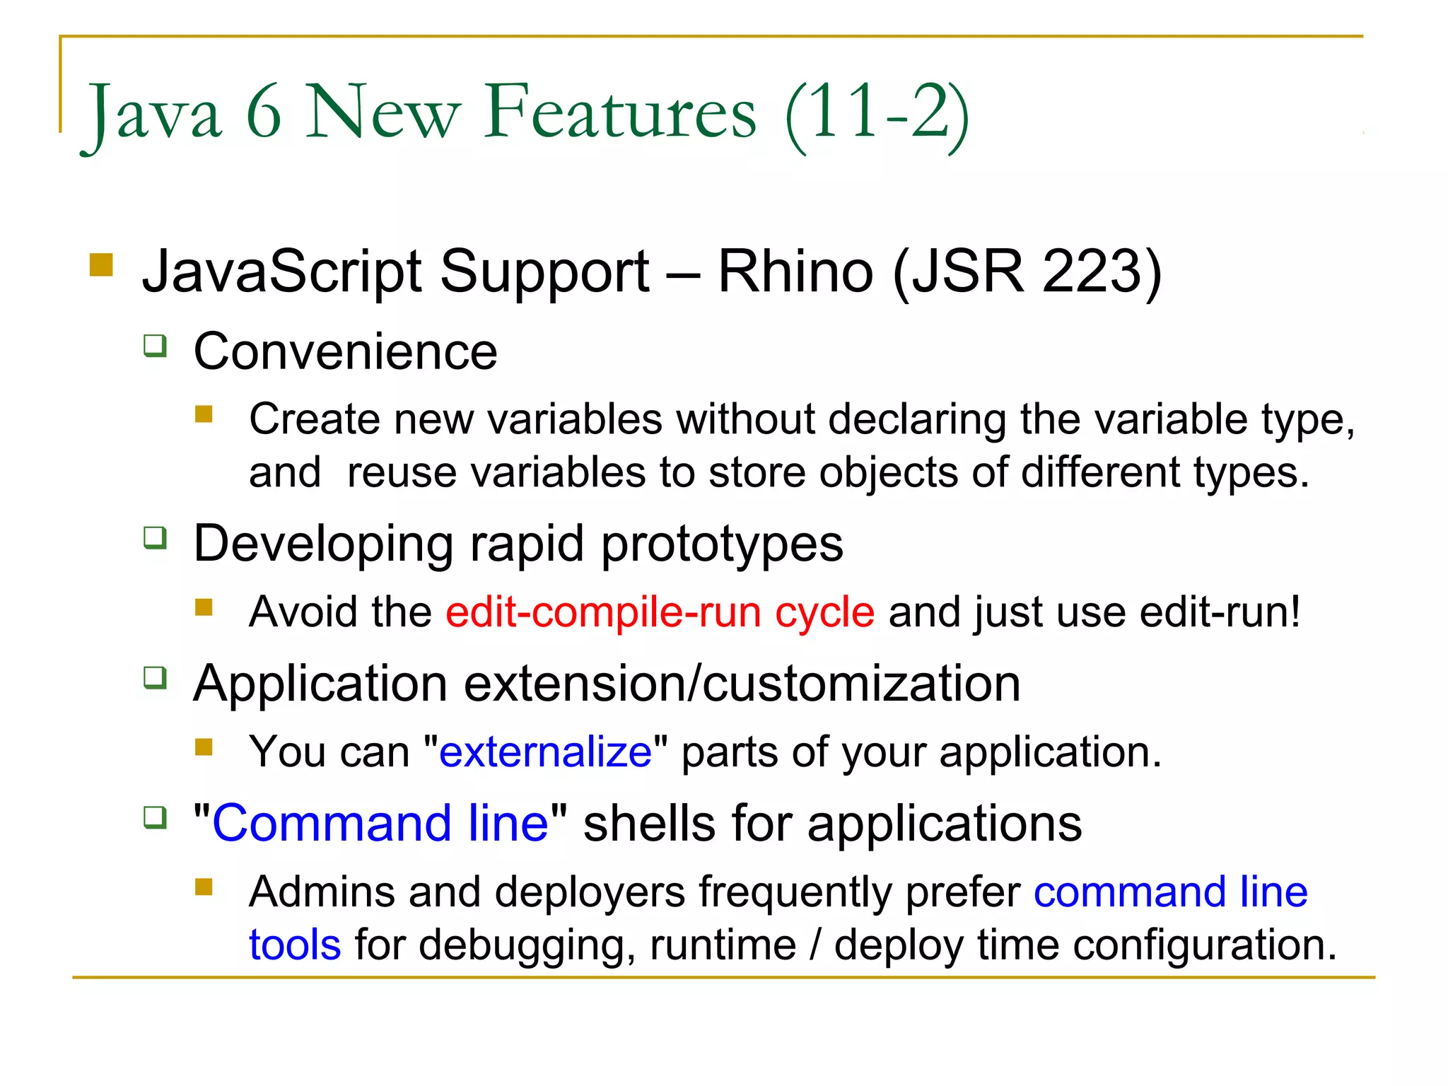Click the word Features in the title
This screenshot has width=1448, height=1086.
click(x=619, y=113)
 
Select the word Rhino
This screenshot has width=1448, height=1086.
click(x=795, y=271)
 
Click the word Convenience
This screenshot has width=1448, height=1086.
click(x=345, y=351)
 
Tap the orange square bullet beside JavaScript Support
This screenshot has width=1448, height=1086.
click(x=102, y=265)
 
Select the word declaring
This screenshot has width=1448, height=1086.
click(x=917, y=419)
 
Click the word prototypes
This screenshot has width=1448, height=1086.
click(x=722, y=544)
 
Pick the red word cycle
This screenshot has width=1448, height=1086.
click(x=824, y=612)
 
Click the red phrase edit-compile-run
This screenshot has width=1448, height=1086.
click(x=603, y=612)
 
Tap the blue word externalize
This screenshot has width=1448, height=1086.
click(x=545, y=752)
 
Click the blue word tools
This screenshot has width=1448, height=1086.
click(x=295, y=945)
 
